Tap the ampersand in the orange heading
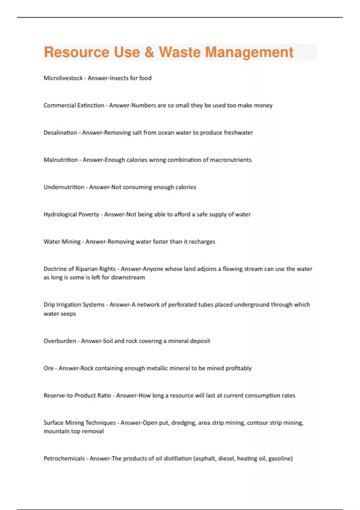pos(149,52)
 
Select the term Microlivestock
pos(63,78)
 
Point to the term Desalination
pos(60,133)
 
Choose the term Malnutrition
pos(61,160)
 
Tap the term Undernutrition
pos(64,187)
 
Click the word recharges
pos(202,242)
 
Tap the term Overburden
pos(60,341)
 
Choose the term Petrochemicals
pos(64,458)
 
